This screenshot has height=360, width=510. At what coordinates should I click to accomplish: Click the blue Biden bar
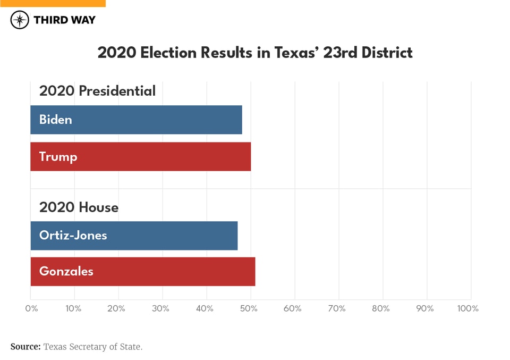[136, 120]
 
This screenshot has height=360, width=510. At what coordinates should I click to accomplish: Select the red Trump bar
[140, 156]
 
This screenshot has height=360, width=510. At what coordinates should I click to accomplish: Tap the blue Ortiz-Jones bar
[134, 236]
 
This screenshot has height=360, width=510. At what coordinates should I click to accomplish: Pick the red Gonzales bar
[142, 272]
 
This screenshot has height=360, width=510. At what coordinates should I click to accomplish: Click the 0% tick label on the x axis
[31, 308]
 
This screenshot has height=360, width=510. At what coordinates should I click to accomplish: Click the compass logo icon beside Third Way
[20, 20]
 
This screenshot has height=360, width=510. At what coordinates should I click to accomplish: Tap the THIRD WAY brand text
[64, 20]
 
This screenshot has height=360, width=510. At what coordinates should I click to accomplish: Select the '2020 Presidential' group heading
[97, 91]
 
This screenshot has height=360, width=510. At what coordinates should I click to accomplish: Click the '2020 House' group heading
[79, 207]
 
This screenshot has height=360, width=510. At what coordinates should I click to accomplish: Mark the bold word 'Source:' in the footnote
[25, 347]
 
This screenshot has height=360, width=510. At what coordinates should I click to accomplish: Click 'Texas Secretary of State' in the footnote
[92, 347]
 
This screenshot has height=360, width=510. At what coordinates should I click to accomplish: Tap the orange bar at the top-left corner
[53, 3]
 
